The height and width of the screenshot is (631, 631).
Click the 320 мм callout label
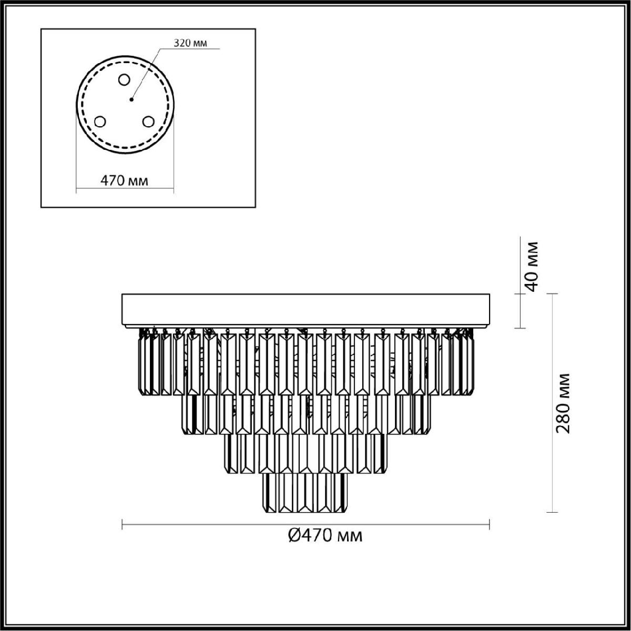coord(190,43)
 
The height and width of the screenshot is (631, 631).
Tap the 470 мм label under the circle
coord(124,180)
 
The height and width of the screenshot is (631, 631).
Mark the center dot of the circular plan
coord(131,99)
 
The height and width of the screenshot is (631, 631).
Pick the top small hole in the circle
coord(124,79)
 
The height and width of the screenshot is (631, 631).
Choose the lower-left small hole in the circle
coord(99,122)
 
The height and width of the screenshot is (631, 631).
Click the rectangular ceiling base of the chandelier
coord(306,311)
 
